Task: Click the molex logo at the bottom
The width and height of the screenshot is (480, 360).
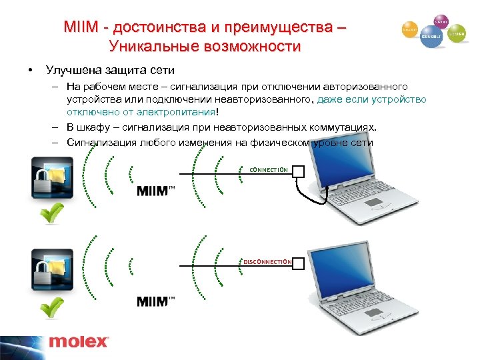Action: click(x=78, y=341)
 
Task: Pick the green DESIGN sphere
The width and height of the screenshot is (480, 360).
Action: click(x=457, y=33)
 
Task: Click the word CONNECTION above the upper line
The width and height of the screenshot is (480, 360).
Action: click(x=268, y=169)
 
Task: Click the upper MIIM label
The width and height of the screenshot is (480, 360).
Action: click(x=155, y=191)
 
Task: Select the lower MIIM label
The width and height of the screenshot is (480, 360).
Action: click(x=155, y=301)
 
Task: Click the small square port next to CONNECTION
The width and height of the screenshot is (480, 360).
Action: click(x=298, y=171)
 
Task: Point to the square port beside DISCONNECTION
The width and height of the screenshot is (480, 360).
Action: click(x=298, y=263)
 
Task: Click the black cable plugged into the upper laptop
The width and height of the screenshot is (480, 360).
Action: click(x=311, y=197)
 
